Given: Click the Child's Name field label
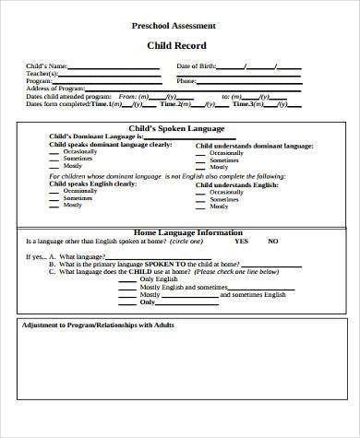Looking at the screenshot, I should click(x=47, y=66).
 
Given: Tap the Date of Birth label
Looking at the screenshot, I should click(x=198, y=66).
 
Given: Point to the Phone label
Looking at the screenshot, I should click(x=186, y=81).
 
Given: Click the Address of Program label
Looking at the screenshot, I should click(x=58, y=89).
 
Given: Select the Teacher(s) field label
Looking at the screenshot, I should click(x=42, y=74).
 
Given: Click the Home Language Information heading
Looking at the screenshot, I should click(x=188, y=231).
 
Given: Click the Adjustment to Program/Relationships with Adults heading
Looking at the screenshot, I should click(x=97, y=325).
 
